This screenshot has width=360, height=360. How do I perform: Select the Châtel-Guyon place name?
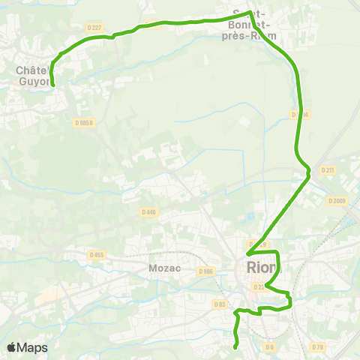point(32,76)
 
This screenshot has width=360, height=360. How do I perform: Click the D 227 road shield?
point(94,27)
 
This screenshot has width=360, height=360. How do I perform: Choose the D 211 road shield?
point(327,170)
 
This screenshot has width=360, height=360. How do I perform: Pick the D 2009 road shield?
point(337,200)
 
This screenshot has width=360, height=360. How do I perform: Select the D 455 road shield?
point(97,255)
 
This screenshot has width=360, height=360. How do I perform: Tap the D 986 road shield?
point(207,271)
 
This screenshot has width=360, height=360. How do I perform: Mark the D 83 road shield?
point(219,304)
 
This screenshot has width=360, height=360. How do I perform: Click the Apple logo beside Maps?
point(12,347)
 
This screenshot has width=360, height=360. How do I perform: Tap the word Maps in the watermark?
point(33,347)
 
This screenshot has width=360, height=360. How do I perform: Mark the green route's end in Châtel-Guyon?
point(53,85)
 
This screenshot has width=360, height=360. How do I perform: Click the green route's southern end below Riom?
point(235,346)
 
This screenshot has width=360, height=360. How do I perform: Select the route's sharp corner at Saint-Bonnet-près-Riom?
point(248,12)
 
